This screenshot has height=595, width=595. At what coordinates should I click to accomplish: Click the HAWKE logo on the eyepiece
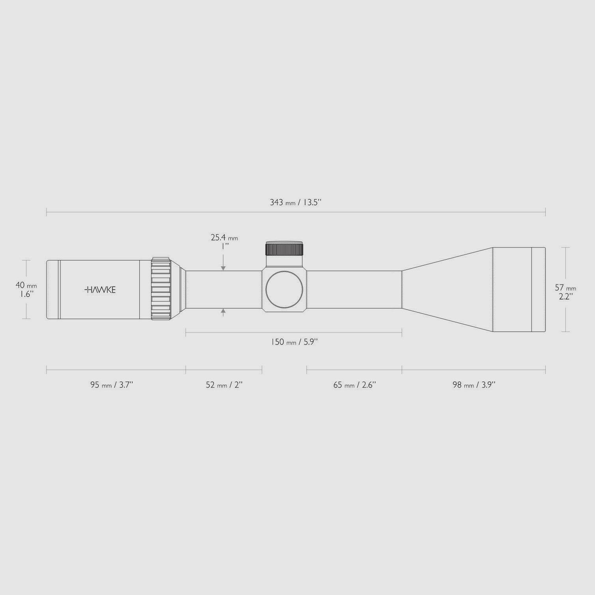pyautogui.click(x=100, y=290)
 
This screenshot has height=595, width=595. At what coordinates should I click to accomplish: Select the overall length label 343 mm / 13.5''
pyautogui.click(x=296, y=202)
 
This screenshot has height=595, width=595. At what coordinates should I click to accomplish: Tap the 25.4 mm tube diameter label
pyautogui.click(x=224, y=238)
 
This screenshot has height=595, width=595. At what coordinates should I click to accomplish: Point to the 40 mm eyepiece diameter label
pyautogui.click(x=26, y=285)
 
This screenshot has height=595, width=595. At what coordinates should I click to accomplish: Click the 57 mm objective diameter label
pyautogui.click(x=565, y=288)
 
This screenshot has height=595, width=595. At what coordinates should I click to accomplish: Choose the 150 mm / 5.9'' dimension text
pyautogui.click(x=294, y=342)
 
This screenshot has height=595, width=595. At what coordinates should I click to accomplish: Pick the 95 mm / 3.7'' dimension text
pyautogui.click(x=112, y=385)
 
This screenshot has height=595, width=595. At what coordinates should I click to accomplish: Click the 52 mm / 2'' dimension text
pyautogui.click(x=224, y=385)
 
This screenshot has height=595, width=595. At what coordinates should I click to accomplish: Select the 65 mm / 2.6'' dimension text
pyautogui.click(x=354, y=385)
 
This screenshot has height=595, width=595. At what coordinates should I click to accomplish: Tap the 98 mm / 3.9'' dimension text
pyautogui.click(x=473, y=385)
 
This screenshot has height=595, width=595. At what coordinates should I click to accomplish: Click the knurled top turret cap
pyautogui.click(x=284, y=249)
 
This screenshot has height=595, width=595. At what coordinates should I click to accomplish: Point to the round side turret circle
pyautogui.click(x=284, y=290)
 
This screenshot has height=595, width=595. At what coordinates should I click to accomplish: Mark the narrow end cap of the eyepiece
pyautogui.click(x=52, y=290)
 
